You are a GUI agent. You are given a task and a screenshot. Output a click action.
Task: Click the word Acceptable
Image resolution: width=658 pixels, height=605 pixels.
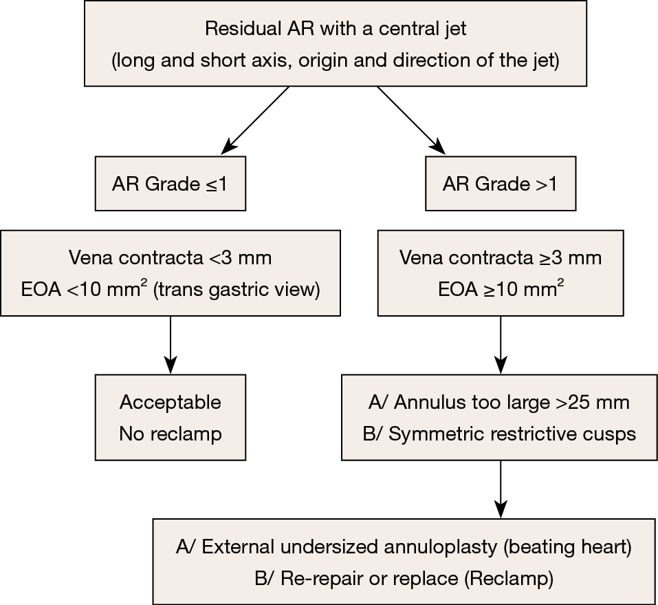[170, 402]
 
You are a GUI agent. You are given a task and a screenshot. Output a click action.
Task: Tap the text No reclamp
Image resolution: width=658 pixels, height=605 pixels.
[170, 434]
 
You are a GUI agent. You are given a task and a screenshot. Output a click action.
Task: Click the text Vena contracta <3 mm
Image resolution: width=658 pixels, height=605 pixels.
[170, 258]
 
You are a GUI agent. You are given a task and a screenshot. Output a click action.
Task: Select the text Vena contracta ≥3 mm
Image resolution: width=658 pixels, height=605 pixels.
[501, 258]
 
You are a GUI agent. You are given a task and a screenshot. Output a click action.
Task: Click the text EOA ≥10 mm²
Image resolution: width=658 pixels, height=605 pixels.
[501, 289]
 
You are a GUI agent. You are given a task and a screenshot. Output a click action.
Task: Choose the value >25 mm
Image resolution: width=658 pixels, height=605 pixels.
[593, 402]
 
